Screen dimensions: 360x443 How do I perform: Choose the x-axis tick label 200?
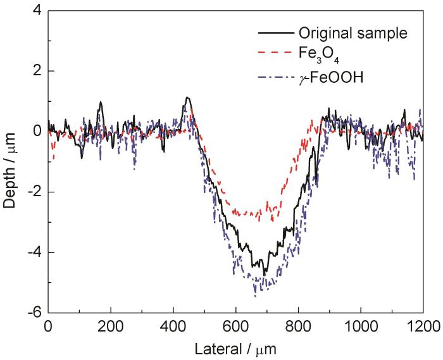(111, 328)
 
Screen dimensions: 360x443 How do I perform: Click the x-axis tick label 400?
(173, 328)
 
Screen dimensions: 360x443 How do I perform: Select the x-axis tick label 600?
(235, 328)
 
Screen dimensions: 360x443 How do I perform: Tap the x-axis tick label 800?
(298, 328)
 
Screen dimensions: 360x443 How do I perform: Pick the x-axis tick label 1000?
(360, 328)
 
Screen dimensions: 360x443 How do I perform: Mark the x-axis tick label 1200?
(422, 328)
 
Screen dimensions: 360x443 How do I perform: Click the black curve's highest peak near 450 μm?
(187, 97)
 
